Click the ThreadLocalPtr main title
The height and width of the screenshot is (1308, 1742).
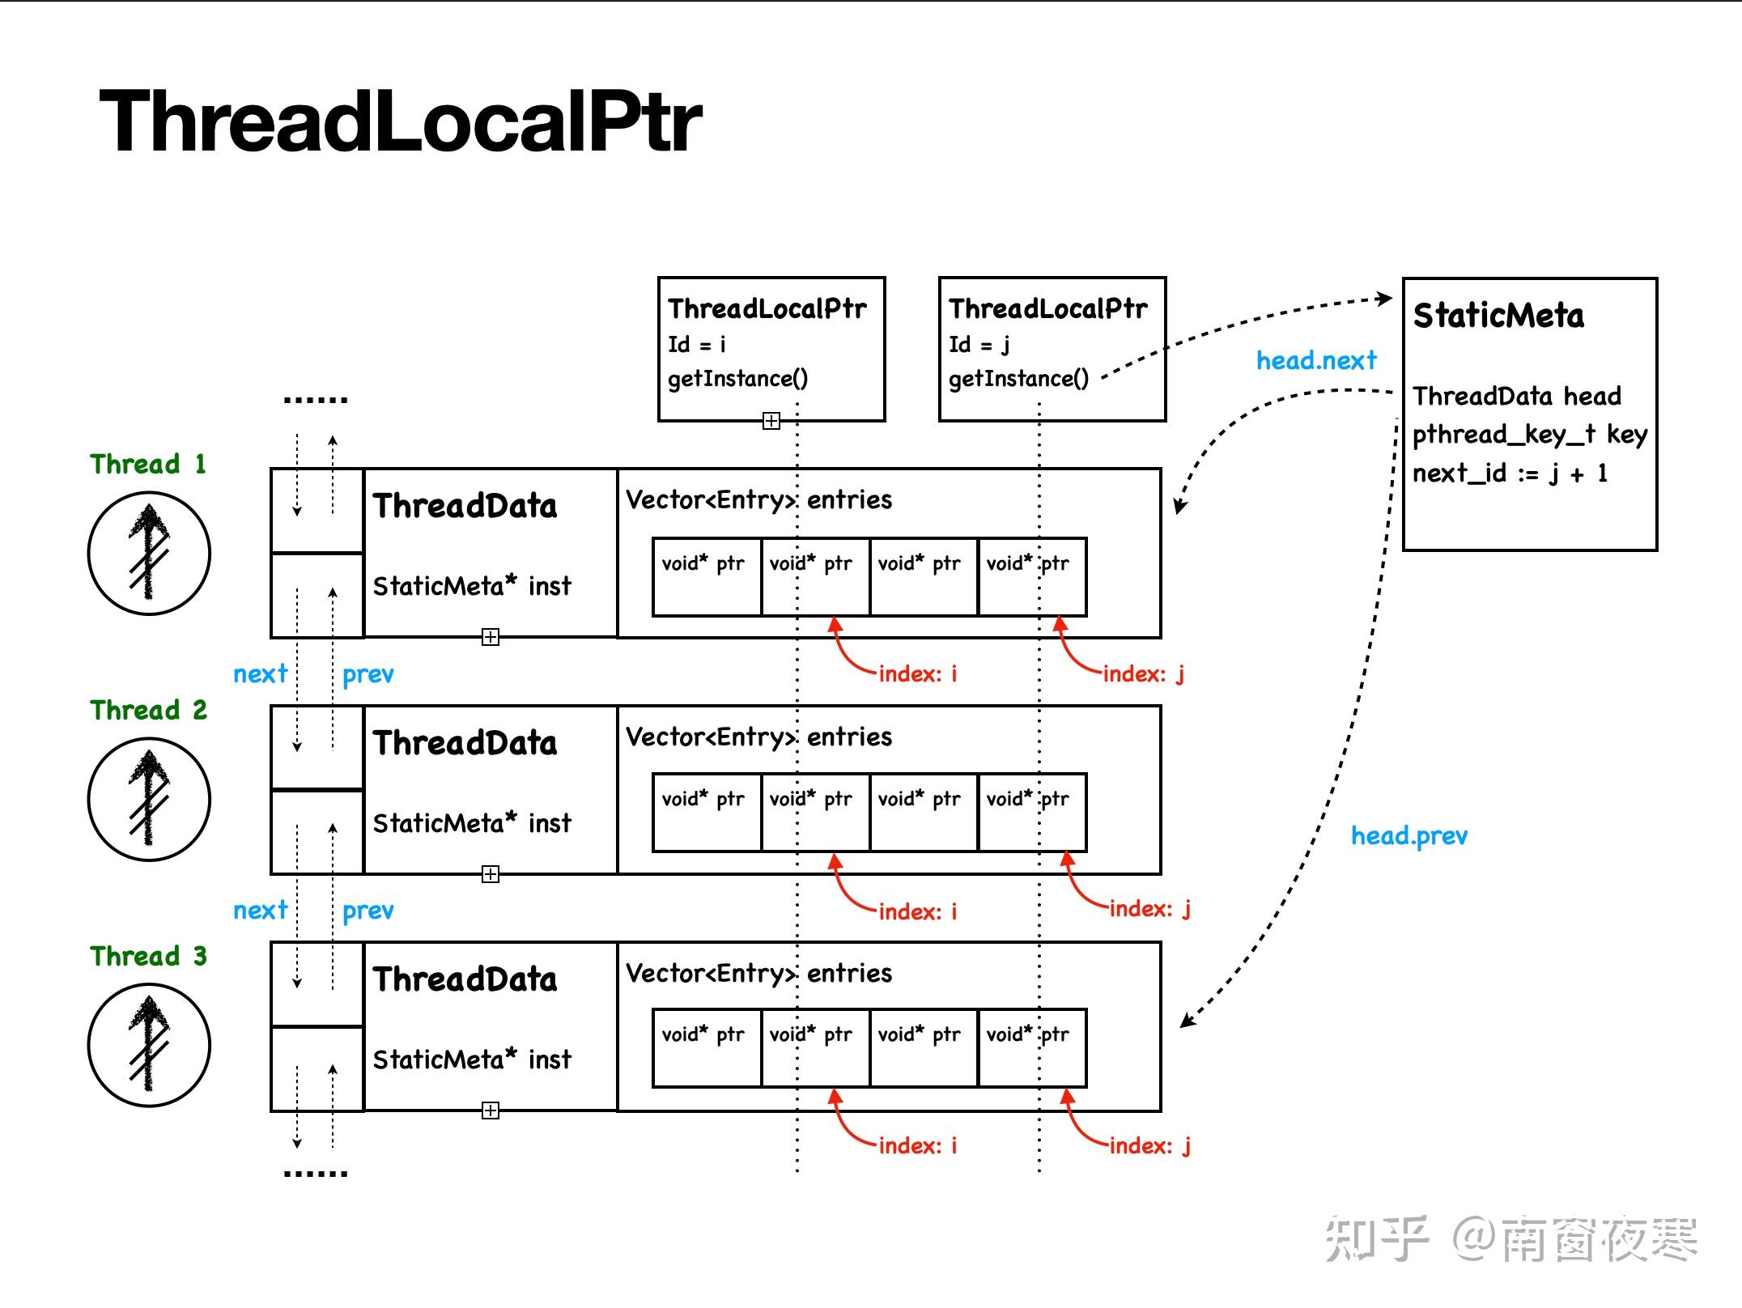coord(400,121)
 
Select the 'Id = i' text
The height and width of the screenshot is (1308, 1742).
coord(696,345)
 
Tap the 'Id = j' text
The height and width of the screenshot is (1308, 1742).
coord(979,345)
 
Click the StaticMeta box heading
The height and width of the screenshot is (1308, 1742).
coord(1498,316)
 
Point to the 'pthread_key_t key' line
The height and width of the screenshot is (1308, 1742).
coord(1529,435)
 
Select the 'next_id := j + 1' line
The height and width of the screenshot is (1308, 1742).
coord(1510,474)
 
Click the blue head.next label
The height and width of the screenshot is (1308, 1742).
coord(1315,360)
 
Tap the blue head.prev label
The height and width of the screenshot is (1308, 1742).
coord(1408,835)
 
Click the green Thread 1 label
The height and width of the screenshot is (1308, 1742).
coord(148,464)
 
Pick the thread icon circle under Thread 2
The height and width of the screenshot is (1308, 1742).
coord(149,799)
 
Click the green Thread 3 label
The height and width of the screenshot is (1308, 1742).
coord(148,956)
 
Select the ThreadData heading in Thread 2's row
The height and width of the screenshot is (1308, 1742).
coord(465,743)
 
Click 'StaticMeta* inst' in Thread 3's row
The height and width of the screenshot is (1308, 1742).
coord(472,1060)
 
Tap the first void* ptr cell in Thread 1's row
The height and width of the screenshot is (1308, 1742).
coord(706,576)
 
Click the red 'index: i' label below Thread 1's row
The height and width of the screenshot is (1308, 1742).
coord(917,673)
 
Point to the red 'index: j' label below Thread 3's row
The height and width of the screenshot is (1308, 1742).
coord(1149,1145)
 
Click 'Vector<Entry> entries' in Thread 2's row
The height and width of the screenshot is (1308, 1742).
coord(758,737)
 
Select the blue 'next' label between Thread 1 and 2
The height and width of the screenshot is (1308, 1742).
coord(260,673)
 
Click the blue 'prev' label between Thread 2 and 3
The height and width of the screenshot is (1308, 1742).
coord(368,911)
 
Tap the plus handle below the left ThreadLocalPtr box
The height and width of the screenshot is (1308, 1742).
coord(771,421)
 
